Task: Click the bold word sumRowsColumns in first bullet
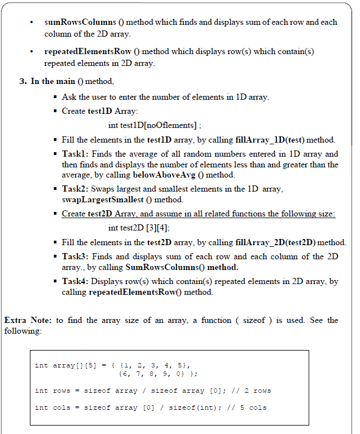point(76,23)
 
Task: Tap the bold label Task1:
point(75,154)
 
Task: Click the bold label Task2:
point(75,189)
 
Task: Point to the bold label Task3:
point(75,256)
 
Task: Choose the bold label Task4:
point(75,281)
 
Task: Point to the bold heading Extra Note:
point(28,320)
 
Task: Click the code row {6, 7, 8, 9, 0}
point(154,374)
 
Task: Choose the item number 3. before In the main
point(23,81)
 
